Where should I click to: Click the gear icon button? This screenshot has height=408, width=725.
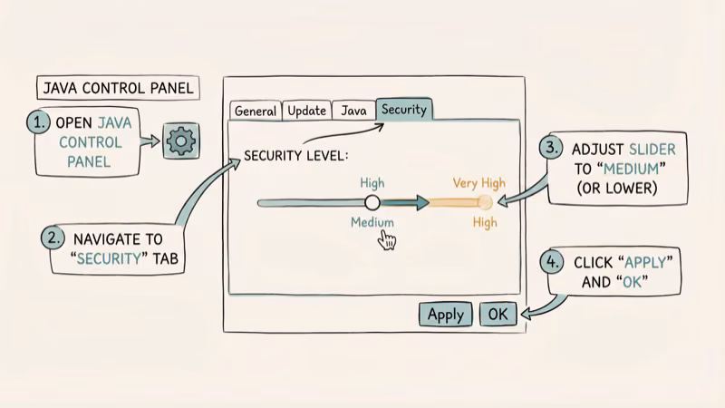[x=181, y=141]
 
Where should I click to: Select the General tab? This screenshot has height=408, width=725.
[x=255, y=111]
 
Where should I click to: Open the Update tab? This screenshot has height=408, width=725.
[x=306, y=111]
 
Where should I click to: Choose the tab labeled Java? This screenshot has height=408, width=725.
[x=353, y=111]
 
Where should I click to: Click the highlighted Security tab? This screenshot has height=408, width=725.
[x=404, y=109]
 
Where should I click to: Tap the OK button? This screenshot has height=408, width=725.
[x=498, y=314]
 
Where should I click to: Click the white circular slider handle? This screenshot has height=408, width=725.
[x=371, y=203]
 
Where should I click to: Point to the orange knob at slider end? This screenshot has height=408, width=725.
[x=485, y=203]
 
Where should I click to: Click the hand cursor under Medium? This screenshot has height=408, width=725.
[x=388, y=240]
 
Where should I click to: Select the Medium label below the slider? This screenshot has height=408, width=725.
[x=372, y=222]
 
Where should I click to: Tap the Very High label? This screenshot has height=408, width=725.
[x=478, y=183]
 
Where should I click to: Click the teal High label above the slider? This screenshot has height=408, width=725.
[x=372, y=183]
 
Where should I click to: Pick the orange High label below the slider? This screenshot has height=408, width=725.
[x=485, y=222]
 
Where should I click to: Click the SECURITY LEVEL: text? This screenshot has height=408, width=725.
[x=295, y=156]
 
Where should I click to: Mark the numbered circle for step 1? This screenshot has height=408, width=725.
[x=39, y=122]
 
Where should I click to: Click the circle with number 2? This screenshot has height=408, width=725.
[x=53, y=238]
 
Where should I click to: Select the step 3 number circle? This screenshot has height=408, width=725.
[x=550, y=148]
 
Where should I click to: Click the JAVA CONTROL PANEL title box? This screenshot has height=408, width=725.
[x=117, y=89]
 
